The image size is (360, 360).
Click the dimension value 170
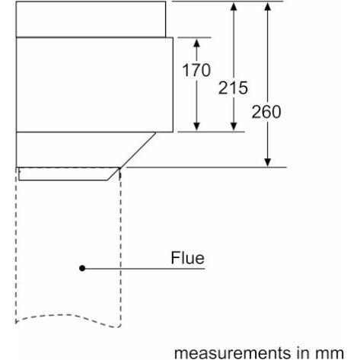point(196,70)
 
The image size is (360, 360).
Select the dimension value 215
point(233,88)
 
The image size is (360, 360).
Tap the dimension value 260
point(266,112)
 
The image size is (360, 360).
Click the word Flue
point(187,258)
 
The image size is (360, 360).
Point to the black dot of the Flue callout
point(82,268)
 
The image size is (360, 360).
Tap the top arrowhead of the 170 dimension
point(196,43)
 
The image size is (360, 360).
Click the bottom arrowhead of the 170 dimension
point(196,126)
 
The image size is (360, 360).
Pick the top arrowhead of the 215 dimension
point(234,6)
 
